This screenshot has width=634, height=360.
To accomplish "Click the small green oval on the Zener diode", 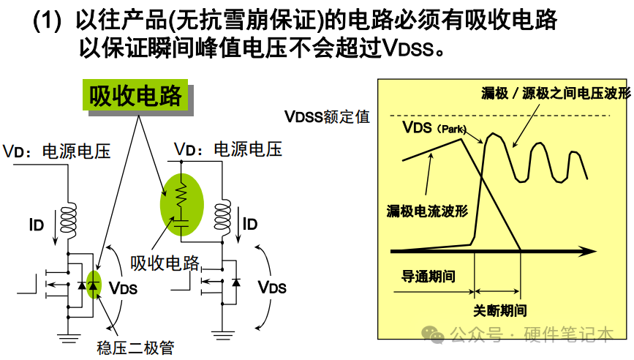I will [x=93, y=284].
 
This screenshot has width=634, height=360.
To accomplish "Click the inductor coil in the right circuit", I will [x=223, y=217].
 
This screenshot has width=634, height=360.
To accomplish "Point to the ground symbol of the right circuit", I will [x=223, y=337].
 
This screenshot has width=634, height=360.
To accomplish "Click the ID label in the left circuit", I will [x=37, y=225].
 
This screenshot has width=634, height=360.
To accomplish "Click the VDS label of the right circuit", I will [x=272, y=287].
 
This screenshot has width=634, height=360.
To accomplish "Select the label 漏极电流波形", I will [x=427, y=211].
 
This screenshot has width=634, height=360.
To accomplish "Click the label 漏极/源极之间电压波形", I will [x=555, y=94].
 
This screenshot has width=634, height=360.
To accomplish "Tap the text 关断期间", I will [x=499, y=310].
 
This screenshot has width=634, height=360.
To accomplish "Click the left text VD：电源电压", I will [x=57, y=151].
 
